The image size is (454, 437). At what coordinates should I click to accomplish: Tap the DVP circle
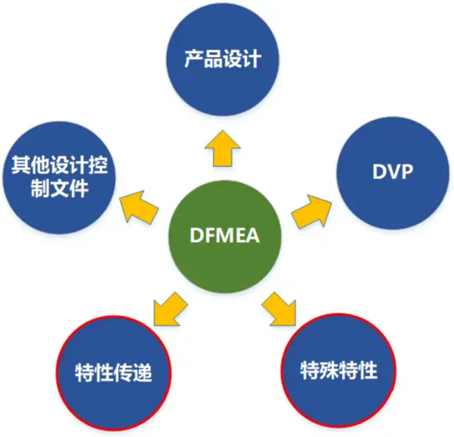393,172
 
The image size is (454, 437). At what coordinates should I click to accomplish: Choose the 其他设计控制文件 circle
59,177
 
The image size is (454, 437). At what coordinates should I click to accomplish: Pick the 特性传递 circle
113,372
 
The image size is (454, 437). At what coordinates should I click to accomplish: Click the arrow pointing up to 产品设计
223,147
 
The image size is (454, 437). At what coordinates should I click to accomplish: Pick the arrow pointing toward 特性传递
168,309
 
